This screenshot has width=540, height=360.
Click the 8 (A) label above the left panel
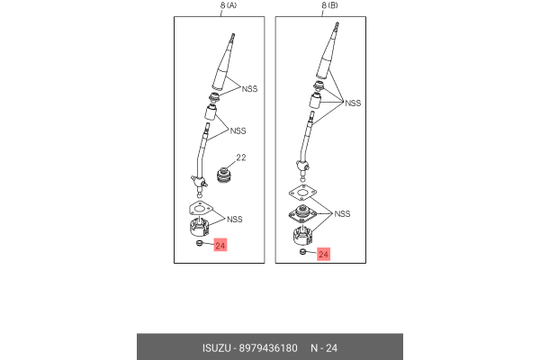point(229,5)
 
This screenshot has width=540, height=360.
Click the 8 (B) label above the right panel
point(329,5)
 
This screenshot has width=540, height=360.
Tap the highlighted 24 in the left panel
point(220,245)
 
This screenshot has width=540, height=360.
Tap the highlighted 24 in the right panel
point(323,254)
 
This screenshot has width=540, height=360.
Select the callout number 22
point(241,157)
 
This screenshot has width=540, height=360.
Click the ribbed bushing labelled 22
point(224,175)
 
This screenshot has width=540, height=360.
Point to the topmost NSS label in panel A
point(249,89)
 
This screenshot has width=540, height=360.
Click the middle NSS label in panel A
point(238,130)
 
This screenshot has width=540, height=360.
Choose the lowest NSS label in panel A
point(235,219)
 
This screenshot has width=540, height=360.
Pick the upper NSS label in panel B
point(353,103)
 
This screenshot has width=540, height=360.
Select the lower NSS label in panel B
point(342,214)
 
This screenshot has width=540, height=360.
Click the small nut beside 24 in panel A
point(199,244)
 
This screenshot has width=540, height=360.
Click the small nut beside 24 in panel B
point(302,252)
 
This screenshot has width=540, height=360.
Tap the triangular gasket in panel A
point(201,208)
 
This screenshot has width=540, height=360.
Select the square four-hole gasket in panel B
point(302,193)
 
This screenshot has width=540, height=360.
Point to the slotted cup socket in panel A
point(200,227)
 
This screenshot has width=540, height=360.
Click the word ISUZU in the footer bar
point(216,348)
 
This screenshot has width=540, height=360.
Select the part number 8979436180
point(268,348)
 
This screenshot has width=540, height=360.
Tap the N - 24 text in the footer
point(324,348)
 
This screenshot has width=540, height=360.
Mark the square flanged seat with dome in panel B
point(302,213)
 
